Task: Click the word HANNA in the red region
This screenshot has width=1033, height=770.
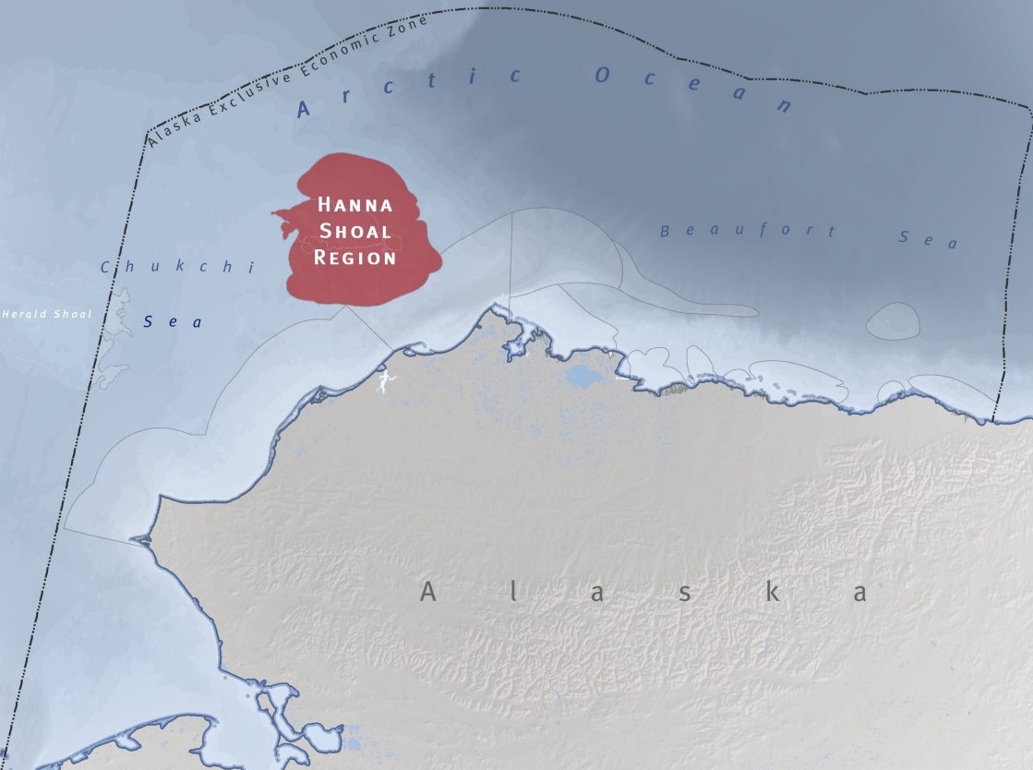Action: tap(355, 205)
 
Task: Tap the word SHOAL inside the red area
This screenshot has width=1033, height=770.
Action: tap(355, 231)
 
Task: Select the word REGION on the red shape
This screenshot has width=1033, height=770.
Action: tap(355, 257)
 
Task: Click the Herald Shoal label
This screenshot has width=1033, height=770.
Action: tap(46, 315)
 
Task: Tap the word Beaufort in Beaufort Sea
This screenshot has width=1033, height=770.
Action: tap(748, 231)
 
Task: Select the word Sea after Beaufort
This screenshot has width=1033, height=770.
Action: tap(928, 239)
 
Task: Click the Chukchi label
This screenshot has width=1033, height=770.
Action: tap(175, 268)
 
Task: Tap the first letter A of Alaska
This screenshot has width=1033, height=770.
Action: tap(428, 592)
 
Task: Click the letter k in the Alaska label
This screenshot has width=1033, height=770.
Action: tap(772, 592)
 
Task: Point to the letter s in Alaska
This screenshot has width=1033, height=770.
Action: tap(685, 593)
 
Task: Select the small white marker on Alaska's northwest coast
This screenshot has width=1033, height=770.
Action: tap(382, 379)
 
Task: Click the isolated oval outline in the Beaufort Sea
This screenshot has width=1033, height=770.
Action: tap(893, 320)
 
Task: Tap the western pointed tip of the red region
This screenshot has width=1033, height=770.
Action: tap(273, 215)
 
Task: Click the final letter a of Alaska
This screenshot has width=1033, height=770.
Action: tap(860, 593)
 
